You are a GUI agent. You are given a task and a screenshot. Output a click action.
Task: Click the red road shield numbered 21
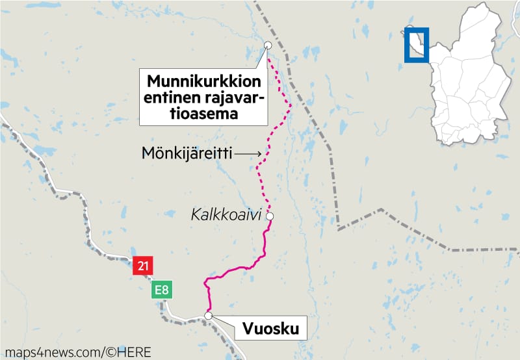[142, 266]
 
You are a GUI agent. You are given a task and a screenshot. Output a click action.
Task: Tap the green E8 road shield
[162, 290]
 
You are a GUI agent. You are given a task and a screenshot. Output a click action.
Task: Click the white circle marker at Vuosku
[208, 316]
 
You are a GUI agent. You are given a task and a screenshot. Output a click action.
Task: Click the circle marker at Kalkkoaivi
[269, 216]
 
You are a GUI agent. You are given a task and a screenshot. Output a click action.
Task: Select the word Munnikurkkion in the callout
[203, 83]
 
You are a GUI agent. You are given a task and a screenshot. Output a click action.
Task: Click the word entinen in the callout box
[170, 98]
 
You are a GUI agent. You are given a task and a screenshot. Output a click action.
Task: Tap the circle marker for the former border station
[268, 45]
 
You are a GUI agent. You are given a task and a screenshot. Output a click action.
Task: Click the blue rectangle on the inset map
[416, 45]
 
